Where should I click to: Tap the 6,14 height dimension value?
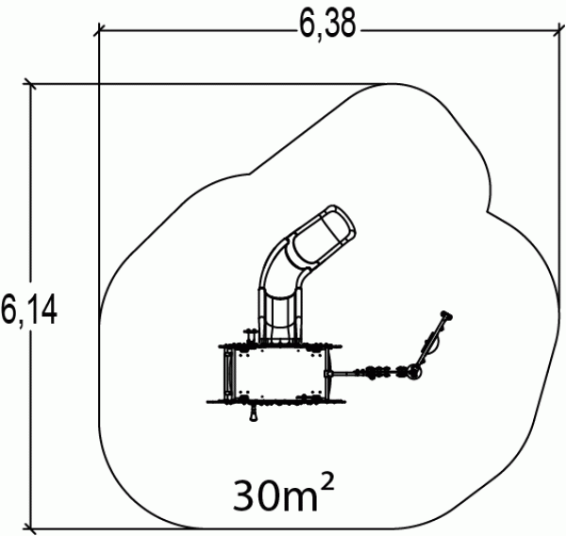28,310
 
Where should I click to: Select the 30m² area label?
284,494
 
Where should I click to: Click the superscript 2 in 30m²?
327,482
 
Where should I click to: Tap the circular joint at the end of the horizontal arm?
414,371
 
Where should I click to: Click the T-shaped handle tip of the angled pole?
446,315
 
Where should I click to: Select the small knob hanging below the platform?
254,413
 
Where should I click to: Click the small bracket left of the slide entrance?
250,335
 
